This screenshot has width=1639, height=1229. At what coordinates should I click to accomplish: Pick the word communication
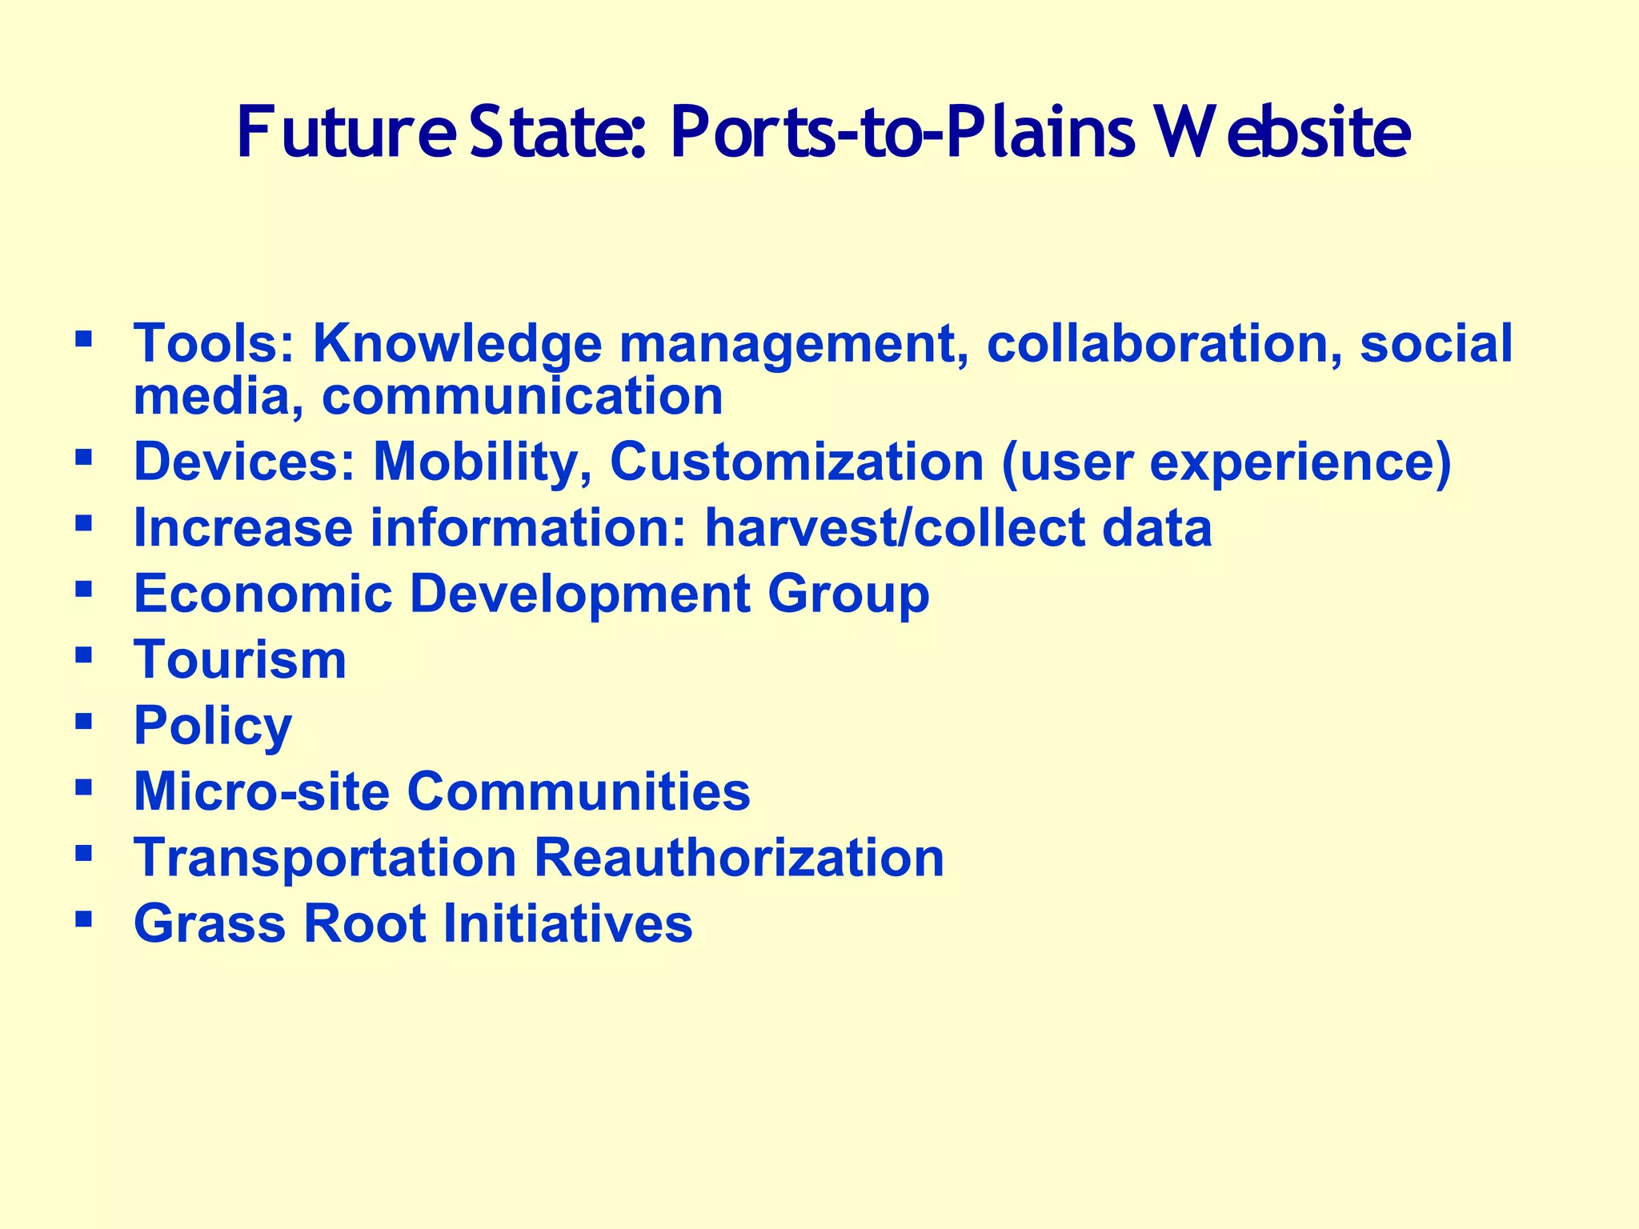[522, 396]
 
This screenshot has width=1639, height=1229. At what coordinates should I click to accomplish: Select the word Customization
[796, 462]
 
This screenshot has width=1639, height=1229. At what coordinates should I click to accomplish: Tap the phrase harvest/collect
[893, 528]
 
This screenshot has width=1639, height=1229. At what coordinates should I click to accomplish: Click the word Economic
[262, 594]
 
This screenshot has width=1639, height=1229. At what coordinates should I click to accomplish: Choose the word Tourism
[240, 660]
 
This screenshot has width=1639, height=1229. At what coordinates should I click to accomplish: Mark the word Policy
[213, 727]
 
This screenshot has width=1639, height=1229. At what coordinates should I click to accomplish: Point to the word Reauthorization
[739, 858]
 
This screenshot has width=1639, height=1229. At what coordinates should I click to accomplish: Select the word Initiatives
[567, 923]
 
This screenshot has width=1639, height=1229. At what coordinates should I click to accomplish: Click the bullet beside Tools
[82, 338]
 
